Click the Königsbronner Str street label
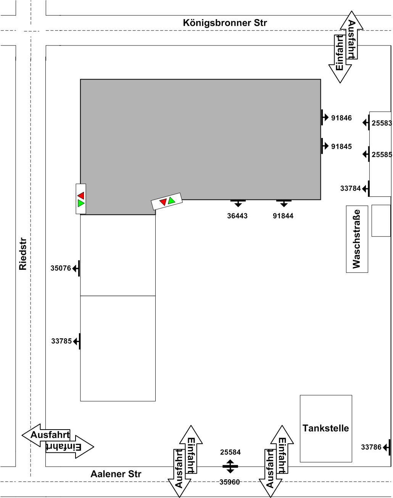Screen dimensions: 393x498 pyautogui.click(x=225, y=23)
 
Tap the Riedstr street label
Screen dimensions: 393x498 pyautogui.click(x=23, y=254)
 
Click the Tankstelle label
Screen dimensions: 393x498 pyautogui.click(x=325, y=428)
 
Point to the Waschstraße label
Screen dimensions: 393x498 pyautogui.click(x=356, y=239)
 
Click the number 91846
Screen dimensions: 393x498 pyautogui.click(x=341, y=118)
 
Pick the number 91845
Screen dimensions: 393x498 pyautogui.click(x=341, y=146)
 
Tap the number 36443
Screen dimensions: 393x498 pyautogui.click(x=237, y=216)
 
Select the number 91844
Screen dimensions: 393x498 pyautogui.click(x=283, y=216)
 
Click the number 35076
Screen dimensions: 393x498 pyautogui.click(x=61, y=268)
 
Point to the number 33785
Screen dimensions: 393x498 pyautogui.click(x=61, y=341)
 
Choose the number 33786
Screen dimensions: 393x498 pyautogui.click(x=371, y=447)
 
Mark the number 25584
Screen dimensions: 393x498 pyautogui.click(x=230, y=452)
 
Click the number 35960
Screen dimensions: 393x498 pyautogui.click(x=229, y=482)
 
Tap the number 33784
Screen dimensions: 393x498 pyautogui.click(x=350, y=188)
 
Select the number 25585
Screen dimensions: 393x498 pyautogui.click(x=382, y=154)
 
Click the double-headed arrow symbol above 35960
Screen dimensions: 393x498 pyautogui.click(x=230, y=466)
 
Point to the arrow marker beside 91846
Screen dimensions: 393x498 pyautogui.click(x=325, y=117)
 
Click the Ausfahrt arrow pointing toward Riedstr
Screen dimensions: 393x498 pyautogui.click(x=46, y=435)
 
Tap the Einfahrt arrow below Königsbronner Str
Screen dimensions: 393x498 pyautogui.click(x=340, y=59)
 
